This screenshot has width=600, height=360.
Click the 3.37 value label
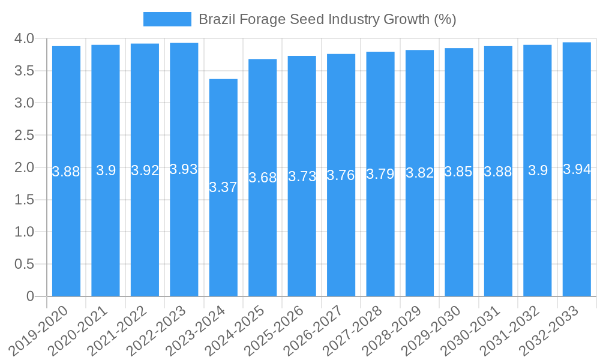tap(223, 187)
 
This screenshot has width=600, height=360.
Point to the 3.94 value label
tap(577, 169)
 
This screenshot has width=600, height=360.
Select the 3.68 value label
tap(263, 178)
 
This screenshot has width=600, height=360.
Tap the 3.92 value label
tap(145, 170)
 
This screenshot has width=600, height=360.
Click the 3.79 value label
tap(380, 175)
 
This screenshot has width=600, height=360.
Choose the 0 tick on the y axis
tap(31, 296)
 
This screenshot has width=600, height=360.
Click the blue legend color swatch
tap(167, 19)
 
